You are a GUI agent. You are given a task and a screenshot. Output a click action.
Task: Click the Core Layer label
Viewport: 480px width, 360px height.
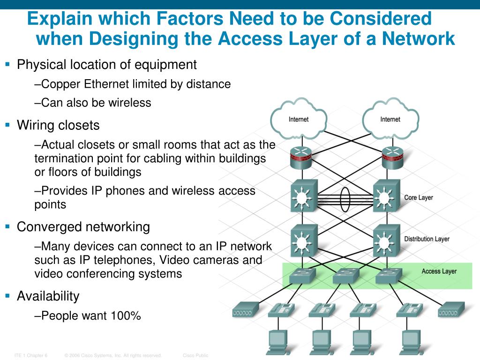419,198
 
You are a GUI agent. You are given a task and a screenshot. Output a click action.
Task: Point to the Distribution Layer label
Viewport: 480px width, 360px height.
427,239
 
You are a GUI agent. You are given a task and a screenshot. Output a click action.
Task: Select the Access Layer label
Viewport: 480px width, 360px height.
439,271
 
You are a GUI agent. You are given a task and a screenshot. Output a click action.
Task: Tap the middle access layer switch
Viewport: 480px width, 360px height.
345,276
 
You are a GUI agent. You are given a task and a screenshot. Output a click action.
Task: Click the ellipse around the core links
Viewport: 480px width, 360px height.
345,201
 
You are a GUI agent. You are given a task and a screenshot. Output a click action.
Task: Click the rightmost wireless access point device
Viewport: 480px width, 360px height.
452,310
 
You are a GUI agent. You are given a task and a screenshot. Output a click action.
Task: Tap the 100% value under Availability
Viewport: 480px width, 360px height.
126,316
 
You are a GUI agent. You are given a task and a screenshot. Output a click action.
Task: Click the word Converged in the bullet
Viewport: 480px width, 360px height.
49,227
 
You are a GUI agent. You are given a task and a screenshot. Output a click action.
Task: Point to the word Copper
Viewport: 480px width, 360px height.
61,84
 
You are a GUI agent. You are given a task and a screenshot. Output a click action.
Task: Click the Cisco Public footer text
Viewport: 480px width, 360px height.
195,355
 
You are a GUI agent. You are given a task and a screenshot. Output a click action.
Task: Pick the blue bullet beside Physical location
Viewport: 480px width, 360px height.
7,64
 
